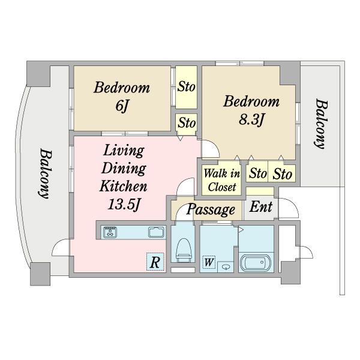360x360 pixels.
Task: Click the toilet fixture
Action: [x=184, y=250]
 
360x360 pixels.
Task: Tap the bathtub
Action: [x=256, y=263]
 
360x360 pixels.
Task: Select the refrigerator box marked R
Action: [x=155, y=262]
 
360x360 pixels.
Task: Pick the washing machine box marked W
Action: [x=209, y=262]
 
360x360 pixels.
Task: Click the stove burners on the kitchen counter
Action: [x=110, y=232]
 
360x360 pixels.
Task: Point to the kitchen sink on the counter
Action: [x=156, y=232]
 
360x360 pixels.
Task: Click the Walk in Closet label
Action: [x=222, y=180]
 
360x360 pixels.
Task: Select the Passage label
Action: [x=211, y=209]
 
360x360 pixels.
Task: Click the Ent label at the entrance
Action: [x=261, y=206]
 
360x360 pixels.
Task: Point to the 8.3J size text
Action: [x=251, y=119]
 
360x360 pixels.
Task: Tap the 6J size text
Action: [x=121, y=106]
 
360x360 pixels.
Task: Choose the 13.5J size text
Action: [x=124, y=204]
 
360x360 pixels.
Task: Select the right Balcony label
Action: [x=321, y=124]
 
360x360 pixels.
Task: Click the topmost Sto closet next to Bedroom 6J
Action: [x=186, y=87]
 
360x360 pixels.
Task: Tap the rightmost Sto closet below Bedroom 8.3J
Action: [x=282, y=174]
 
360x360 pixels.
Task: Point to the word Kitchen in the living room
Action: [x=124, y=186]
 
